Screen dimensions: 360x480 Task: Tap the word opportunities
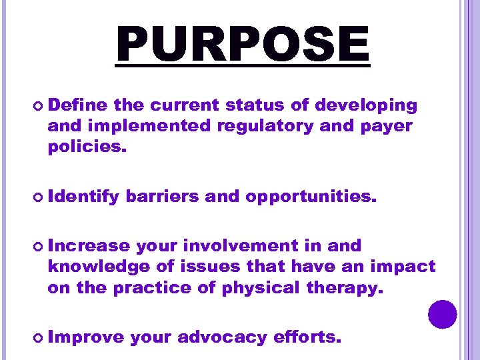(311, 197)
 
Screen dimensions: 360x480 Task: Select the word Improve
(86, 337)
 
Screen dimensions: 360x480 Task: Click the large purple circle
(443, 313)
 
